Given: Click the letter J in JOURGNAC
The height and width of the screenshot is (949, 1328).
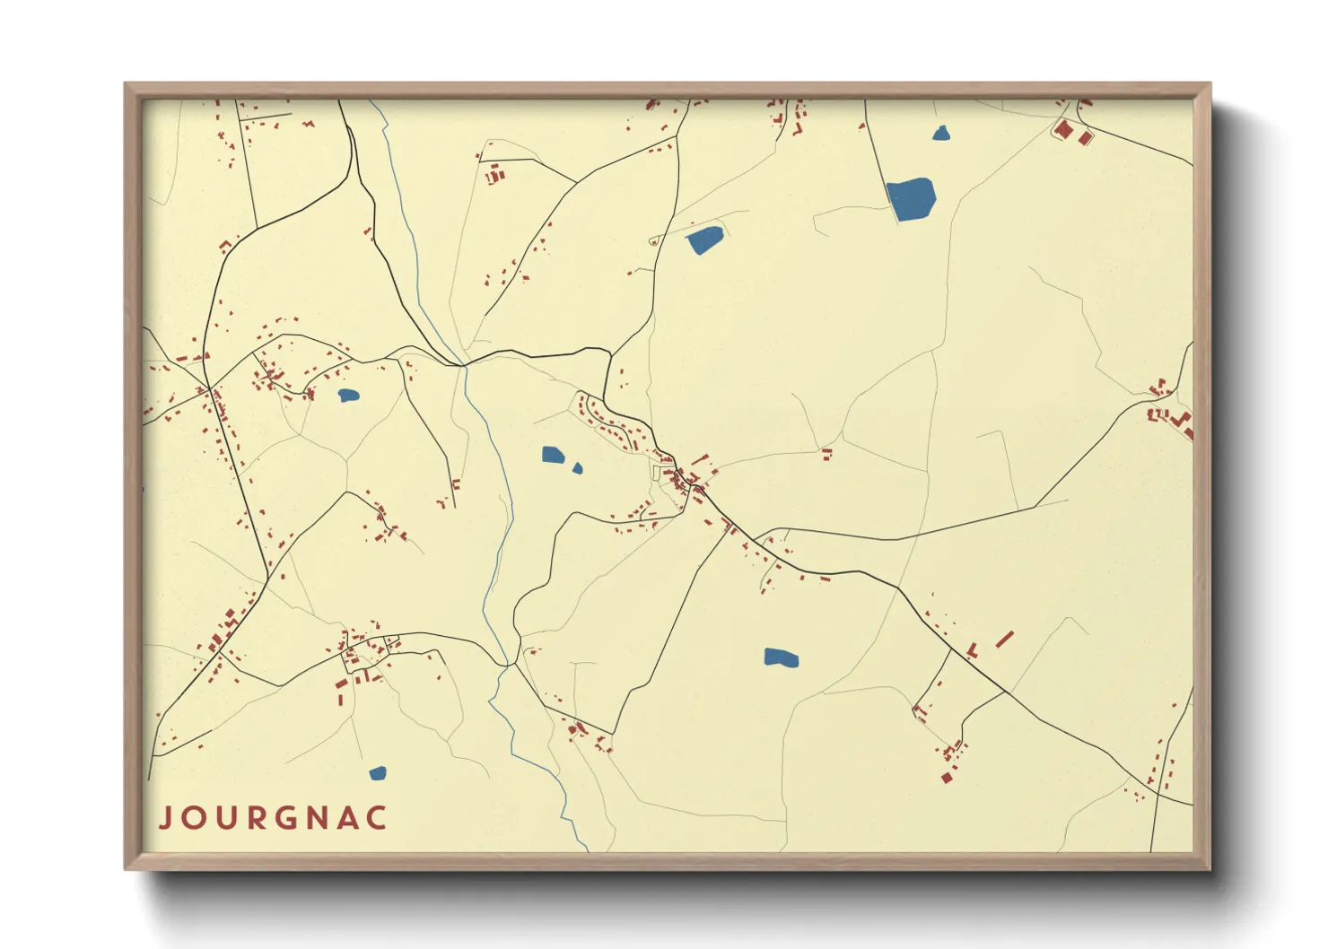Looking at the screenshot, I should pos(166,818).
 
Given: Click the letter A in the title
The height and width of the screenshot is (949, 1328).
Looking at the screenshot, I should pos(348,818).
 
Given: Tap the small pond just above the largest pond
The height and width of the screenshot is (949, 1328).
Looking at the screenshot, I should pos(940,134).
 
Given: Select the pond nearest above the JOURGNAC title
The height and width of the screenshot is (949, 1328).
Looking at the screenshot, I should pos(378,772).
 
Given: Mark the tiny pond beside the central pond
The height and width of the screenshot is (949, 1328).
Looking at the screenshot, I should pos(577,467).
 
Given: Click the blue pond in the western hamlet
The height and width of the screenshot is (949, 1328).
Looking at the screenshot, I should pos(348,395).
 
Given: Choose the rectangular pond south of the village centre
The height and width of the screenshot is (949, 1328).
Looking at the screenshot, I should pos(781,658).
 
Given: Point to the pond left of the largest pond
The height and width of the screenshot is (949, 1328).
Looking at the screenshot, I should pos(704,239).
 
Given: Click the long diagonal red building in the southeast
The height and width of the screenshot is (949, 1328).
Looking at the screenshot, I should pos(1005,639).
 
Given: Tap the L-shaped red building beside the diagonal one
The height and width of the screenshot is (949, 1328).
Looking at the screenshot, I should pos(973,648).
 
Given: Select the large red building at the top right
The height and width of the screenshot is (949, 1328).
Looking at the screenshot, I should pos(1064,130).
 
